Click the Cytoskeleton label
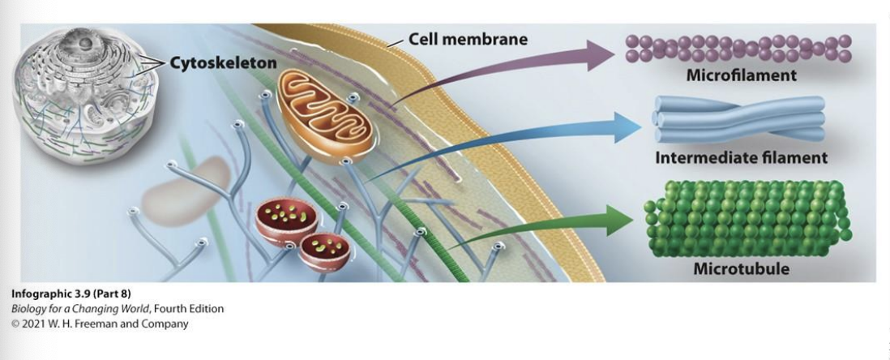(x=223, y=63)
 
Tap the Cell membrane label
(x=468, y=39)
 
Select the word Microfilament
(x=741, y=75)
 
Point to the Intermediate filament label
(x=741, y=156)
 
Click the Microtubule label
(x=741, y=268)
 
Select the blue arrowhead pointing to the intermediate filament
(x=627, y=126)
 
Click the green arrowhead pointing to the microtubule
(x=620, y=220)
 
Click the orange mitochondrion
(x=324, y=114)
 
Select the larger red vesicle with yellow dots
(x=285, y=221)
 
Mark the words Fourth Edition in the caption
(x=193, y=309)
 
